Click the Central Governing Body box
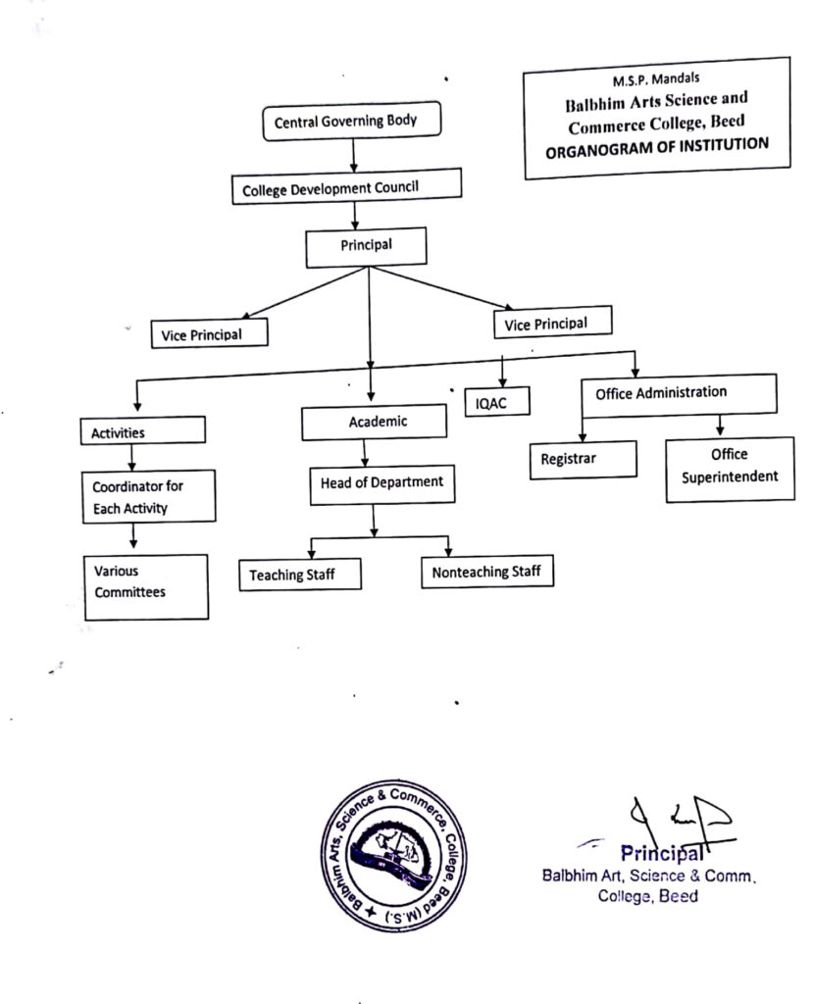351,122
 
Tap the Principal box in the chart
366,246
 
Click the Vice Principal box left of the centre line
209,333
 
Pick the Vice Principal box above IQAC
552,323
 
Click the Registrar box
583,458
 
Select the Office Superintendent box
730,467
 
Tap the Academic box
374,423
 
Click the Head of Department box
381,483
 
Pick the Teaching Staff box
299,574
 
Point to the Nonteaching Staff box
486,571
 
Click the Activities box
142,431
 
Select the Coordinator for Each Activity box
147,496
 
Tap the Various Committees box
145,585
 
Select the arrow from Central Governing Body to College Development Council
352,155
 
